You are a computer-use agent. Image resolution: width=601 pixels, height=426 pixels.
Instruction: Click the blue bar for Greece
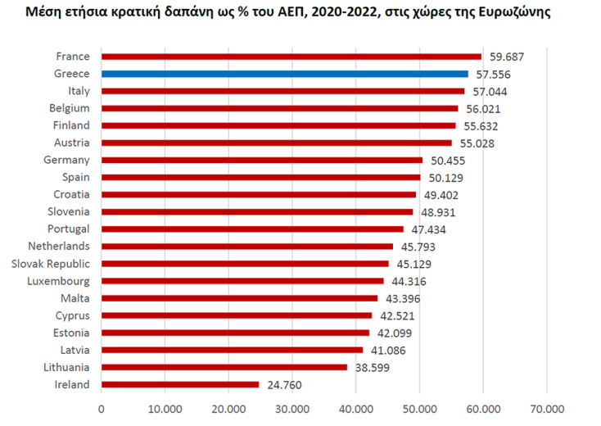tap(285, 74)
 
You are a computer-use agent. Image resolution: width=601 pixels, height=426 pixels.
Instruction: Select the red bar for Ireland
tap(180, 384)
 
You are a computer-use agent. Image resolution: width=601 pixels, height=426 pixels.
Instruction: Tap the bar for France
tap(291, 57)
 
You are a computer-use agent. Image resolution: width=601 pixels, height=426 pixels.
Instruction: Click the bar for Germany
tap(262, 160)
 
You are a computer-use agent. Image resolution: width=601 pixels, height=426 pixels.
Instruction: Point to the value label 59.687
tap(507, 57)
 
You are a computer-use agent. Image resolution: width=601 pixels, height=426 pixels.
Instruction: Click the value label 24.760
tap(284, 384)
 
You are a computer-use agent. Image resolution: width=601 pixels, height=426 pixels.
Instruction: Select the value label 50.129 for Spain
tap(445, 178)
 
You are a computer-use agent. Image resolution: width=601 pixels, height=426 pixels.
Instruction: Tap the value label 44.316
tap(409, 281)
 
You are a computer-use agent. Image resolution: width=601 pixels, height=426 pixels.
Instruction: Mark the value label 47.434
tap(428, 229)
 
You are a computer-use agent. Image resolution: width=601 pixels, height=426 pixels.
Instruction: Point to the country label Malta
tap(75, 297)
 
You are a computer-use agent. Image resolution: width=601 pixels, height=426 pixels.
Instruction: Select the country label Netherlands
tap(59, 246)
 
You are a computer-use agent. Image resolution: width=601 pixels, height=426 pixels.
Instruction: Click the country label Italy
tap(79, 91)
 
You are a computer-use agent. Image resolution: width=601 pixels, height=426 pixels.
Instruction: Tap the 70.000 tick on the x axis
tap(547, 408)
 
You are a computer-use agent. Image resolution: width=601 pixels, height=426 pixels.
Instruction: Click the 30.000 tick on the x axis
tap(291, 408)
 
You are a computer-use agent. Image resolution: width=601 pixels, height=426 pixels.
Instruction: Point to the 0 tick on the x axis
tap(102, 408)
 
